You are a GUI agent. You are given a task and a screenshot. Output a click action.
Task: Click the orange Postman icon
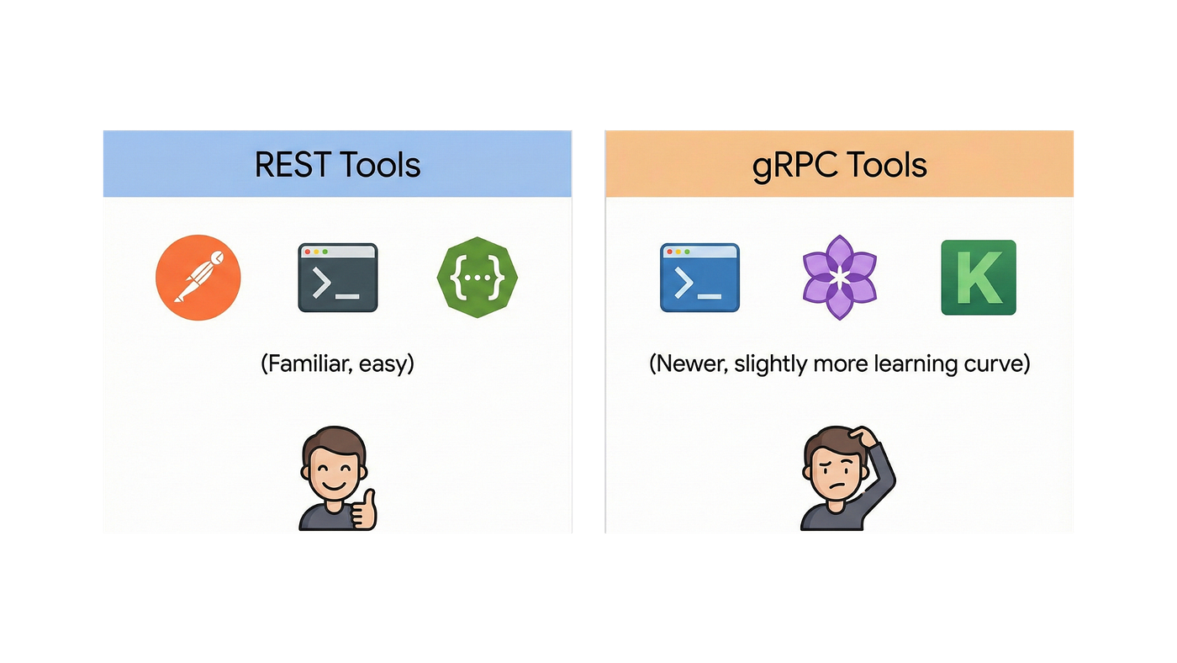tap(198, 277)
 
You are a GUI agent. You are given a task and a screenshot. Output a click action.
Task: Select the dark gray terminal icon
tap(338, 278)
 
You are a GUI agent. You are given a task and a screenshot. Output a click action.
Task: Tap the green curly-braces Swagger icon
tap(478, 277)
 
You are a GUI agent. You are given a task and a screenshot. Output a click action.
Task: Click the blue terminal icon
tap(699, 278)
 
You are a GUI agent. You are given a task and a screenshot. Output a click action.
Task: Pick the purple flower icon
tap(840, 277)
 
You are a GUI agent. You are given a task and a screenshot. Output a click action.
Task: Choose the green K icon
tap(979, 277)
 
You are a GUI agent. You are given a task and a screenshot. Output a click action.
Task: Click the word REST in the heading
tap(293, 165)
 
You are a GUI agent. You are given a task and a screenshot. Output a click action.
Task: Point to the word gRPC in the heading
tap(794, 166)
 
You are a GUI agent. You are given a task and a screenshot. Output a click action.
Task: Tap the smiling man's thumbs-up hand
tap(364, 510)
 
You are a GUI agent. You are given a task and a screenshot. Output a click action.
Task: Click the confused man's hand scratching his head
tap(863, 437)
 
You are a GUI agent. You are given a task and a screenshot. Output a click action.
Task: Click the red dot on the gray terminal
tap(308, 252)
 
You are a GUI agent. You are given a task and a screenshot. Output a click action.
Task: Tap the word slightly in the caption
tap(770, 364)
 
